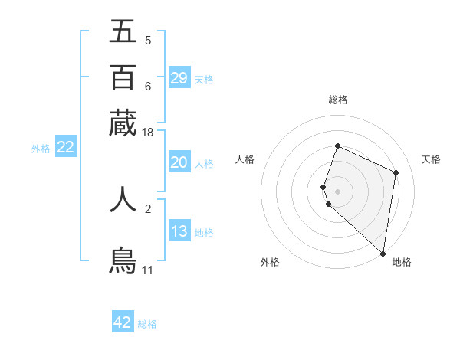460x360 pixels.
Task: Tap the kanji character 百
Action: pos(123,77)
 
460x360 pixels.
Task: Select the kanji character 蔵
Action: pos(123,123)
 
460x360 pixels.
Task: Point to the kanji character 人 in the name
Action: pos(123,199)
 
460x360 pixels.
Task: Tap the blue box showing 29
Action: pos(179,77)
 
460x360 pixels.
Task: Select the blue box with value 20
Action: pos(179,162)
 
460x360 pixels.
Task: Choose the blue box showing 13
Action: pos(179,231)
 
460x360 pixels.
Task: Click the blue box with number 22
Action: pos(65,147)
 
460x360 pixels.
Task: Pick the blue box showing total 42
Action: pos(123,322)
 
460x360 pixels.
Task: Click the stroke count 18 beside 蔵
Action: pos(147,133)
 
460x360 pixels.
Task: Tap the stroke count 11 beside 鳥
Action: pos(147,270)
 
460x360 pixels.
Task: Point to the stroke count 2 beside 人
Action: pos(148,208)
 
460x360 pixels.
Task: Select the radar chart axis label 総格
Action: pos(337,100)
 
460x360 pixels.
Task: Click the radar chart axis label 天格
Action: pos(431,159)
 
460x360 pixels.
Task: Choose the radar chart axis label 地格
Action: pos(402,262)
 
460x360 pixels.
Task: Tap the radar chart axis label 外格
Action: pos(270,262)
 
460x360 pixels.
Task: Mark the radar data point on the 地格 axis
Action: pos(383,254)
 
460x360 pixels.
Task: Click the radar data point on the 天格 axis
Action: pos(396,172)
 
